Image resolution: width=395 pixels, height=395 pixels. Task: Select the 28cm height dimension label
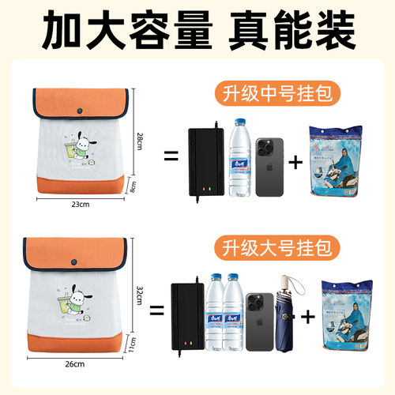click(140, 141)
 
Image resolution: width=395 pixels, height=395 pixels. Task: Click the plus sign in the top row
click(296, 164)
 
